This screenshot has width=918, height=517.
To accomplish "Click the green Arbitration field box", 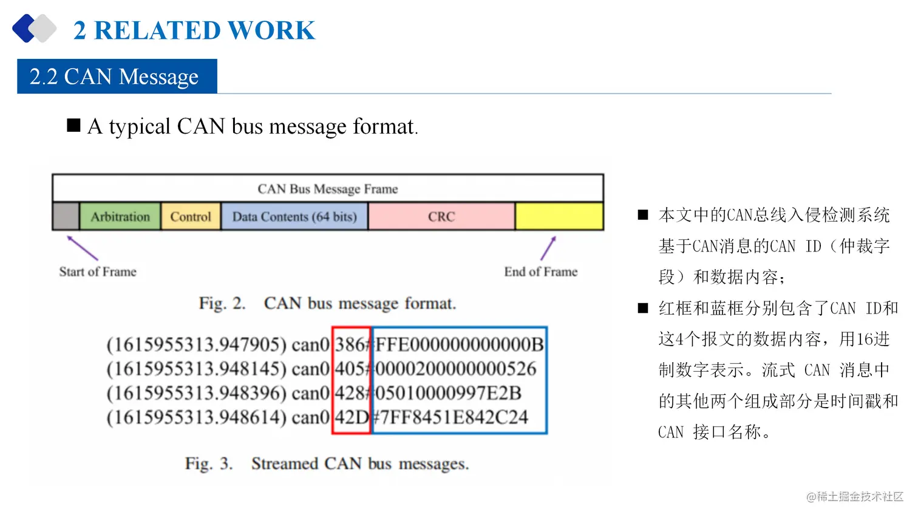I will tap(120, 217).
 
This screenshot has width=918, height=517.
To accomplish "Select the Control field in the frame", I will tap(191, 217).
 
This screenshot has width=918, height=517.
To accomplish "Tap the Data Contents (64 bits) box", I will tap(294, 217).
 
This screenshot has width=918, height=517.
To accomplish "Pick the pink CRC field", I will tap(441, 217).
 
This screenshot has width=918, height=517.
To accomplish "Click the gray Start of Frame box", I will tap(66, 217).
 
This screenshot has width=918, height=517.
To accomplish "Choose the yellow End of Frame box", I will tap(559, 217).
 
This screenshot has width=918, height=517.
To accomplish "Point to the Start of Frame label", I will tap(98, 272).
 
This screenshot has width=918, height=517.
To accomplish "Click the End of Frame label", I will tap(540, 272).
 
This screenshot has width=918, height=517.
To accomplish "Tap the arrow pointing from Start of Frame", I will tap(82, 248).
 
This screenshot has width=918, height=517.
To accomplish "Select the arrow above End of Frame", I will tap(548, 248).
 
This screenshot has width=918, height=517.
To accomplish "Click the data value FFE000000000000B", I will tap(460, 345).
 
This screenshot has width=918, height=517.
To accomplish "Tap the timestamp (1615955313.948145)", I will tap(196, 369).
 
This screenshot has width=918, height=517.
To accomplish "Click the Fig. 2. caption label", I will tap(222, 303).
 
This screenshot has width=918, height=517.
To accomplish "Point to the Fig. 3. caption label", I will tap(209, 464).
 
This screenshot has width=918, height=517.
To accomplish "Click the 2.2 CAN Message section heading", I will tap(115, 77).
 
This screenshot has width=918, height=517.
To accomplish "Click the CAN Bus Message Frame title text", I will tap(328, 189).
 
